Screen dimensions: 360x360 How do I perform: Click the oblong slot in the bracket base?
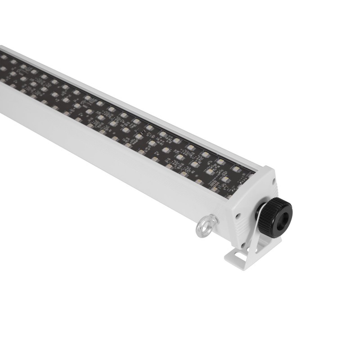coord(237,257)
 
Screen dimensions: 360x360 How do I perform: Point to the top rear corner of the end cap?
coord(269,167)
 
